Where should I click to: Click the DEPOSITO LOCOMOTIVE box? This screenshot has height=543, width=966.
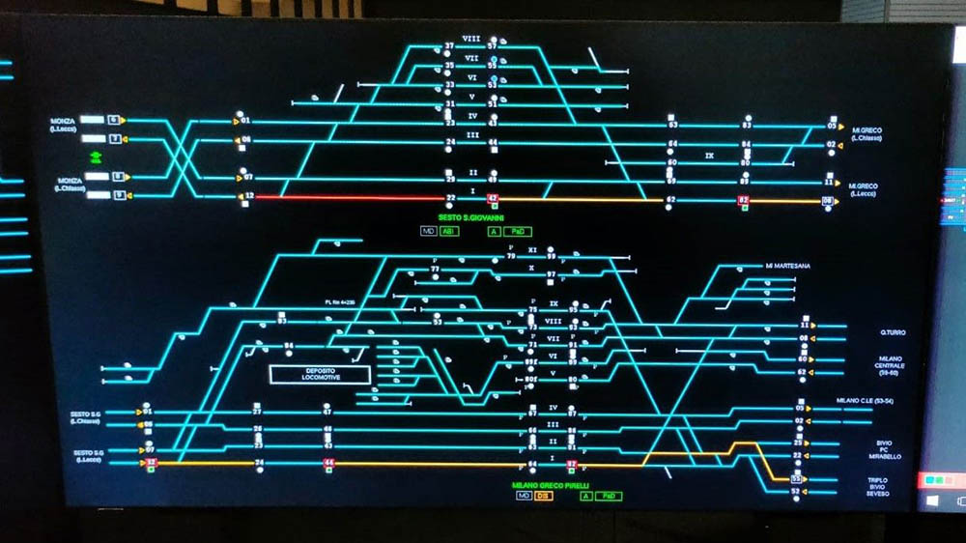pos(319,374)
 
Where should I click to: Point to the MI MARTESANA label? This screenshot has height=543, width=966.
pos(787,266)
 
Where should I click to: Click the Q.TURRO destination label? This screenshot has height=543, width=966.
pos(892,332)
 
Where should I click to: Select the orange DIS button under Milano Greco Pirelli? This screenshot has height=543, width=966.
pos(544,496)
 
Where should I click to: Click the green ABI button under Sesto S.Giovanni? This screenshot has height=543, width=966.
pos(449,232)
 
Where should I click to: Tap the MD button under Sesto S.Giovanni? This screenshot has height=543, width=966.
pos(428,232)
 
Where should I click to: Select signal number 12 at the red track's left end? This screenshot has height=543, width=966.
pos(249,197)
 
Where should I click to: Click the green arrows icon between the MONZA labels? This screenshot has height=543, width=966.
pos(96,157)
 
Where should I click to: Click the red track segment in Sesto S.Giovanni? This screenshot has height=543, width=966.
pos(348,197)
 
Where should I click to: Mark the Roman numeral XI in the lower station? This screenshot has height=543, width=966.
pos(531,250)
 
